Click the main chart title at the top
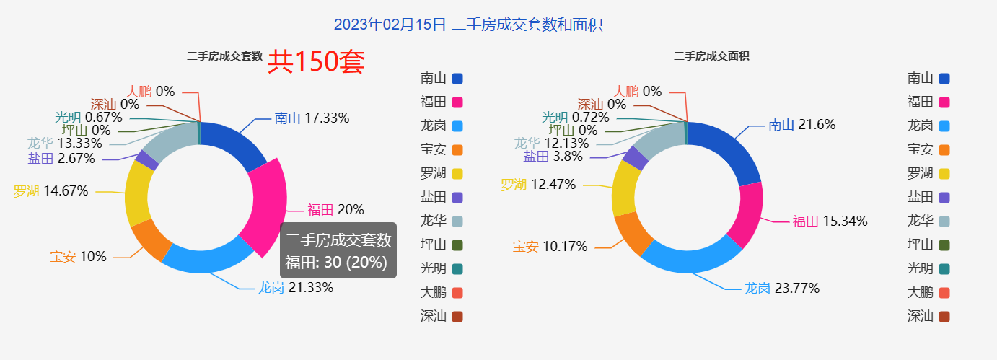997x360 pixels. [468, 25]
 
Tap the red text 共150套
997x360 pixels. [316, 62]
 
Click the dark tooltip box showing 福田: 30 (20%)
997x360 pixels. [338, 251]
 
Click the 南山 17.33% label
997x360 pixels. [312, 118]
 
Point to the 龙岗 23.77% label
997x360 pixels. [782, 289]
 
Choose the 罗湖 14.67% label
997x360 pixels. [50, 191]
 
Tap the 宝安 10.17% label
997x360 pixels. [550, 247]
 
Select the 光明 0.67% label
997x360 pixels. [89, 117]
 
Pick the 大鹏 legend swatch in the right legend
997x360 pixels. [944, 293]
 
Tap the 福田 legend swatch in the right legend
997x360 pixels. [944, 102]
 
